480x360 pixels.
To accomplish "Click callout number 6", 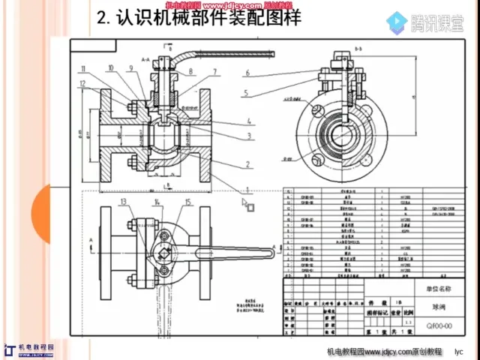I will (x=246, y=73).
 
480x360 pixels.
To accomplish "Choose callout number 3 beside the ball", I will (x=248, y=135).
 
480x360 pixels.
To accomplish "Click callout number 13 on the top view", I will (x=121, y=202).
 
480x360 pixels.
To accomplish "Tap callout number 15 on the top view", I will (x=188, y=202).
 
